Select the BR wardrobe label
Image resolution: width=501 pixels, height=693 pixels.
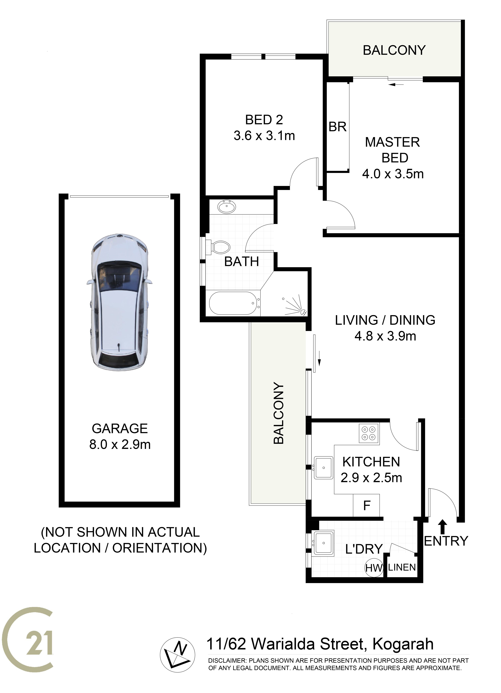click(x=338, y=127)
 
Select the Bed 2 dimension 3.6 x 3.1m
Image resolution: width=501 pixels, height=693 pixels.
click(x=264, y=136)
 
